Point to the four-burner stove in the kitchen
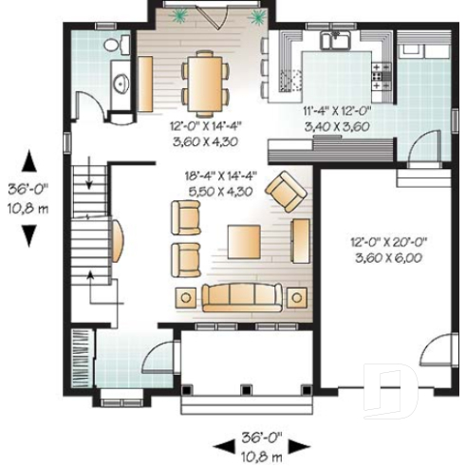click(x=382, y=74)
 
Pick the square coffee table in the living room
click(x=246, y=243)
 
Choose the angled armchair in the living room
click(x=284, y=191)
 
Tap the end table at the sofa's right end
click(x=297, y=296)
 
